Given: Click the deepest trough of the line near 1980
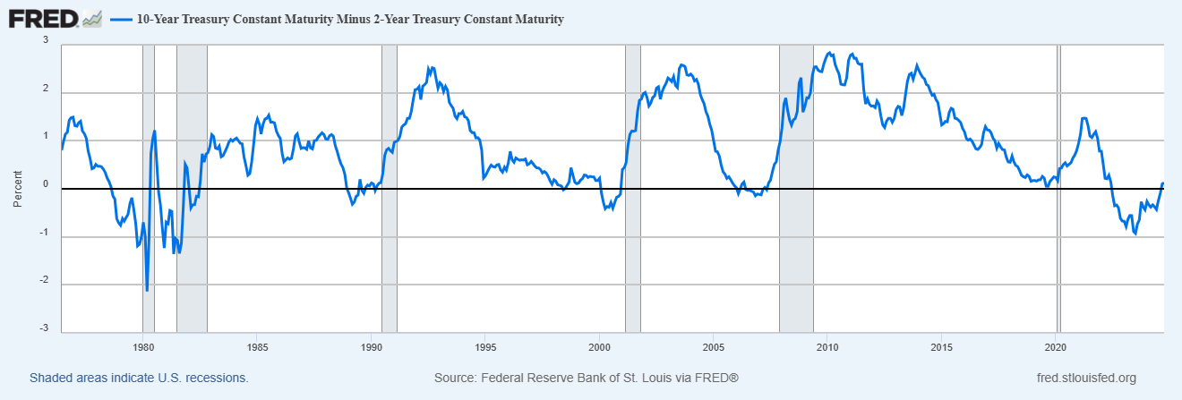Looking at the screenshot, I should click(147, 290).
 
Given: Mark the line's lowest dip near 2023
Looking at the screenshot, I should click(1135, 234).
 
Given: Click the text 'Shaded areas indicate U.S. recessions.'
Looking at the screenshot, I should click(139, 379).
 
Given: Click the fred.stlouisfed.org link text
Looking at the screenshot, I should click(1084, 379).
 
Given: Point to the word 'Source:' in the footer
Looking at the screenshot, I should click(454, 379).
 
